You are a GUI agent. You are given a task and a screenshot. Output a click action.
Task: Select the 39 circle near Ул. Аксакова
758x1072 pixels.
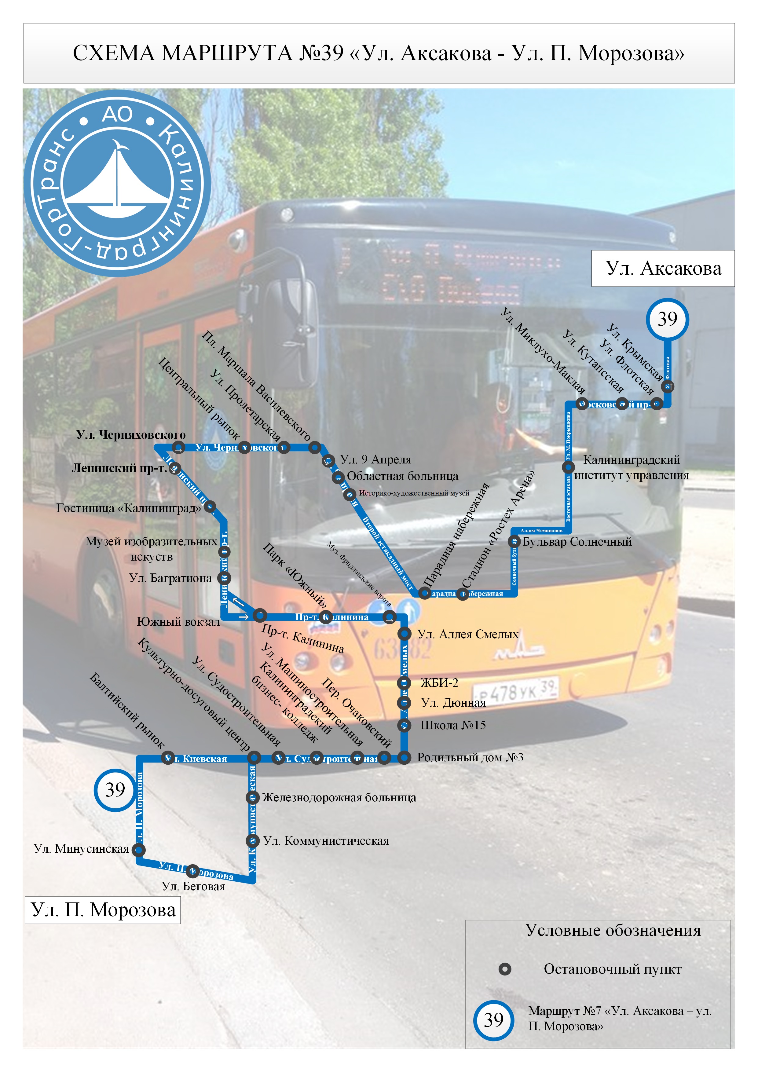click(x=667, y=319)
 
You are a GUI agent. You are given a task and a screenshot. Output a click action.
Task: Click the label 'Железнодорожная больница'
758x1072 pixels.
click(x=339, y=797)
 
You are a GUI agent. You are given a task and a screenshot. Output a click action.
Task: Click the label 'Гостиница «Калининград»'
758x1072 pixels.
click(x=128, y=508)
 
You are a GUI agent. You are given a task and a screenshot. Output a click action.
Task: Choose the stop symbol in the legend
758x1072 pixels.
click(x=504, y=969)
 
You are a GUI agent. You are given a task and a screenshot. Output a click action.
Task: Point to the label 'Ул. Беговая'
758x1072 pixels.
click(x=193, y=886)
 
